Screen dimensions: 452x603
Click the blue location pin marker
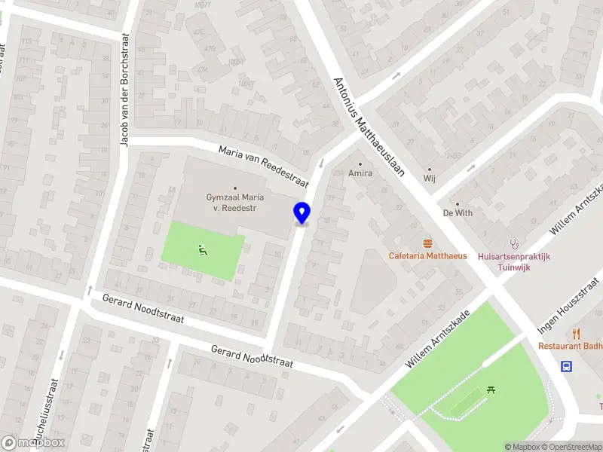coord(302,213)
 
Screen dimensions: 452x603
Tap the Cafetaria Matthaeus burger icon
coord(428,243)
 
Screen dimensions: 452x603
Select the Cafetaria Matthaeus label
coord(427,255)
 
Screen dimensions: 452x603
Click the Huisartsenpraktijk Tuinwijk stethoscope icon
coord(516,243)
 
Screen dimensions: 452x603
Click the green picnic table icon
coord(491,389)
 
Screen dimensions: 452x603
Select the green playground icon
coord(202,250)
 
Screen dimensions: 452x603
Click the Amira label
coord(360,173)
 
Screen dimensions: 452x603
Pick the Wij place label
coord(430,179)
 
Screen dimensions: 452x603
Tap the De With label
coord(458,212)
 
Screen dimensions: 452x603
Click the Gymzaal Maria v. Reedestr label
coord(235,202)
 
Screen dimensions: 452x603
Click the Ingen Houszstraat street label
coord(569,307)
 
